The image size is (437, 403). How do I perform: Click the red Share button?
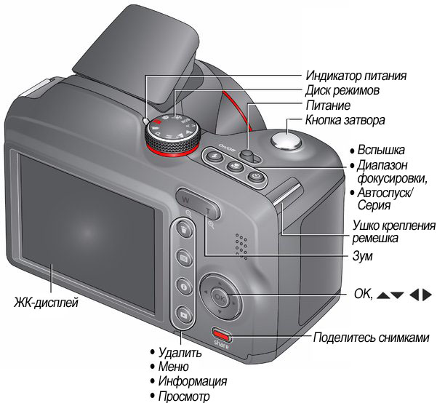point(222,335)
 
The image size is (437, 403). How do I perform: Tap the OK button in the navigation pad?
point(220,298)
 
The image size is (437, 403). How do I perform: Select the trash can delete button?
point(184,230)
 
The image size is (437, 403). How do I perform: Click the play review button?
point(184,314)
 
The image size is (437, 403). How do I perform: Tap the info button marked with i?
point(184,286)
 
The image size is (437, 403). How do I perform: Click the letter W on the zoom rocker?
point(185,200)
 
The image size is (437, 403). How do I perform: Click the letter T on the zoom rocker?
point(208,212)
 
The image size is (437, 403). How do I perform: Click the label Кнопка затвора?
point(345,120)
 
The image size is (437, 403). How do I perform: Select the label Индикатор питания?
point(356,76)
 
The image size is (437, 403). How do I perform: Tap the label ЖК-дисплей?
point(47,303)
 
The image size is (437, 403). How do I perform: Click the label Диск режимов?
point(342,90)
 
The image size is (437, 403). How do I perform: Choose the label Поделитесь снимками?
point(372,338)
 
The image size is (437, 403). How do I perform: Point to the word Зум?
point(362,256)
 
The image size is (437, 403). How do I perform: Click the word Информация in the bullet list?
point(193,381)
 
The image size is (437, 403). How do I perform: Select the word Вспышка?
point(381,150)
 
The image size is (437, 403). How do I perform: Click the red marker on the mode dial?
point(158,121)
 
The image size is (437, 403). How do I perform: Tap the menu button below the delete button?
point(184,258)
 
